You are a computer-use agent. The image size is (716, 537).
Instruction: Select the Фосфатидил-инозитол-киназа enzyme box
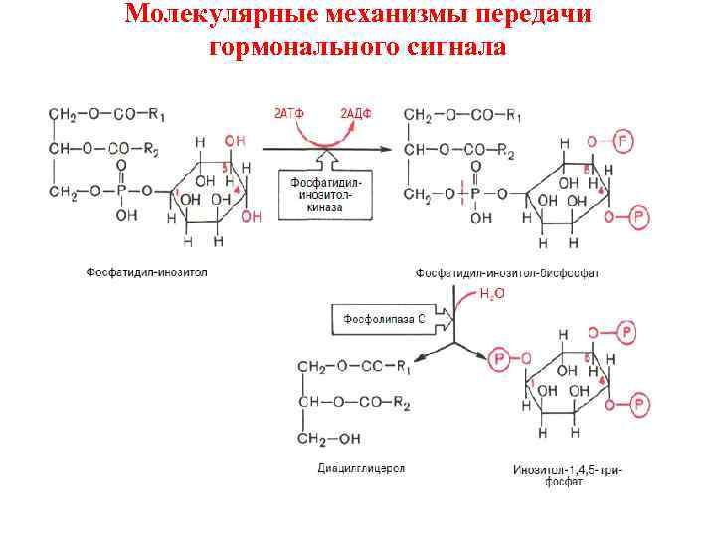(x=325, y=197)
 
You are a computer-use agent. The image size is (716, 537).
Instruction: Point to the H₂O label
(x=492, y=294)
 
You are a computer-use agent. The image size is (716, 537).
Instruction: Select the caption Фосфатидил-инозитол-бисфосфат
(x=506, y=271)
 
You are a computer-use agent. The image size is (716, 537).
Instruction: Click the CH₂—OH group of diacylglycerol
(x=335, y=438)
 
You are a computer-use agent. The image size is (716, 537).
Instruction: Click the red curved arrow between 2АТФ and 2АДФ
(x=322, y=135)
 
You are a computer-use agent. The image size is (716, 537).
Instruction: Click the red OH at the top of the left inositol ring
(x=235, y=142)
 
